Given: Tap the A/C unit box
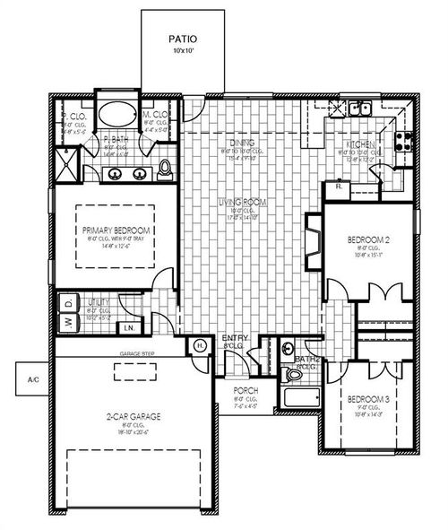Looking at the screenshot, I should tap(33, 380).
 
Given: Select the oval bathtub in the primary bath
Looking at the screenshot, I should tap(116, 115).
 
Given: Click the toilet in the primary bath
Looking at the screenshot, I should tap(165, 168).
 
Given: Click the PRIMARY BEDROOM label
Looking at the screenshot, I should tap(116, 230).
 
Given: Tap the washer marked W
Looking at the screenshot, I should tap(66, 323).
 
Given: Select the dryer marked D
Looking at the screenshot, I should tap(66, 302).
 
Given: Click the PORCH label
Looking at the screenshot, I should tap(246, 391).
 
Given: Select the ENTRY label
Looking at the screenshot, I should tap(233, 337).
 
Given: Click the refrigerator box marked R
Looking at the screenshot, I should tap(338, 187).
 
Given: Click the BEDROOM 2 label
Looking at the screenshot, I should tap(369, 240).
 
